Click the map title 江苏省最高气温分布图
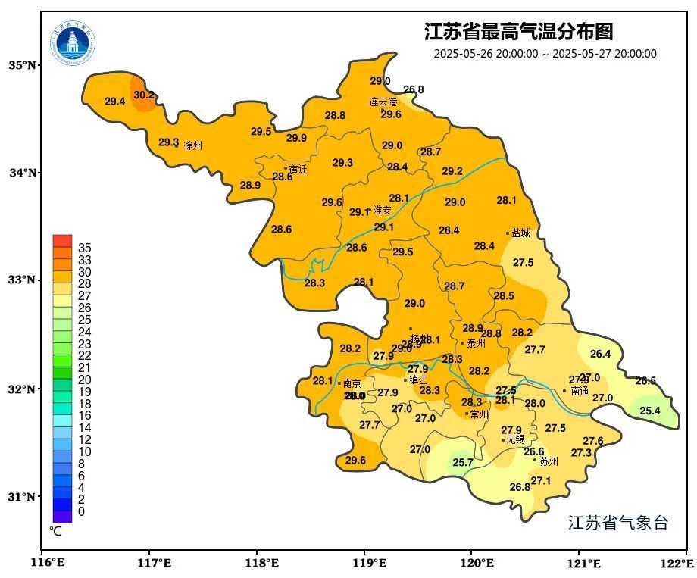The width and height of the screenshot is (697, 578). coord(518,32)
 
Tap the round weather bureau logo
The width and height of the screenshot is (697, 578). coord(73,42)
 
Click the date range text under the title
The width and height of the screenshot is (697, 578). coord(545,54)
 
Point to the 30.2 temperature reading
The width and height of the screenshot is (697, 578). coord(144,95)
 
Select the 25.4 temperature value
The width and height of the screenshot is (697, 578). coord(649,411)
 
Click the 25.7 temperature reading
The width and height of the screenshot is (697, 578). coord(462,462)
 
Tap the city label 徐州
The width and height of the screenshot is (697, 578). coord(193,145)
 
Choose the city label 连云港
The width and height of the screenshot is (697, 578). coord(383,102)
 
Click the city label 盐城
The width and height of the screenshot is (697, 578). coord(521,233)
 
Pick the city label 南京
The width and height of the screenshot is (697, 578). coord(352,384)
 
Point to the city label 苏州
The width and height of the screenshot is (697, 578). coord(549,461)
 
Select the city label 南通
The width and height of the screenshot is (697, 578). coord(580,392)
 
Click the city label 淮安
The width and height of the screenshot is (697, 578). coord(382,211)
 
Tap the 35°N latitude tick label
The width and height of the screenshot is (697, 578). coord(23,65)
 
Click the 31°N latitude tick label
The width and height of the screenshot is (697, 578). coord(23,497)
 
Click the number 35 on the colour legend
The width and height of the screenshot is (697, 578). coord(85,248)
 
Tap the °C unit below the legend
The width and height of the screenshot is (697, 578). coord(55,532)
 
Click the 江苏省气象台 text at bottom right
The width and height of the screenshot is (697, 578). coord(617,523)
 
